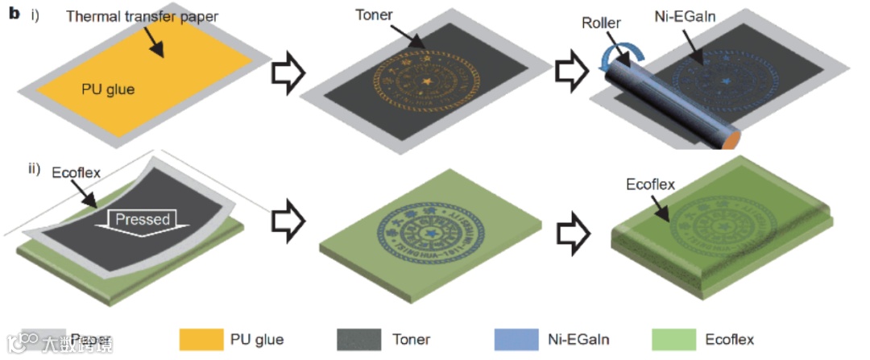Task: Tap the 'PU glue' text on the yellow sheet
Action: coord(108,89)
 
